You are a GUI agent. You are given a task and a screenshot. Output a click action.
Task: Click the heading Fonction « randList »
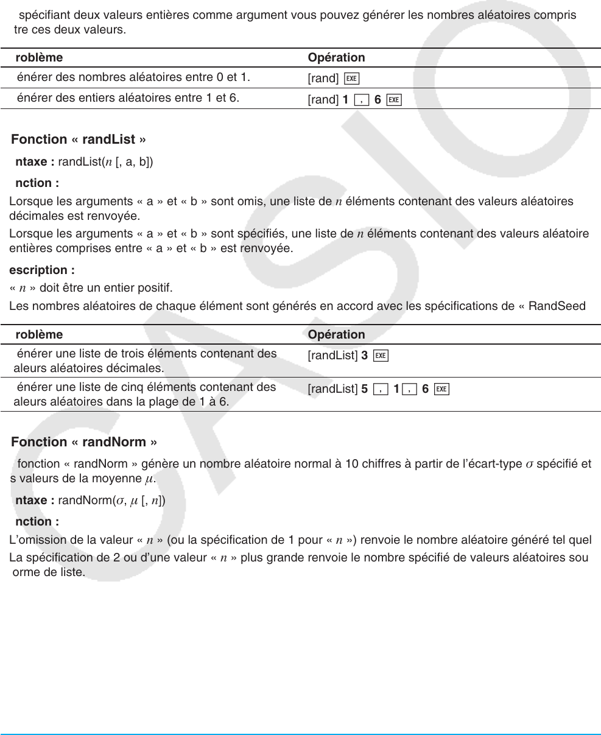coord(79,139)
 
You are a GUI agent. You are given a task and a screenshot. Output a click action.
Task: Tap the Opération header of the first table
coord(336,58)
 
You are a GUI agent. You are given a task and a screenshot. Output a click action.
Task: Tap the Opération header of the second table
coord(336,335)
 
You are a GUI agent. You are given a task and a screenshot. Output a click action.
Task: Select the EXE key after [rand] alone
coord(351,78)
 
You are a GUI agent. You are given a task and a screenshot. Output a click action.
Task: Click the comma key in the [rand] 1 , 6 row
coord(362,100)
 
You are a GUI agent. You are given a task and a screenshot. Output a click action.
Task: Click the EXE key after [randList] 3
coord(381,356)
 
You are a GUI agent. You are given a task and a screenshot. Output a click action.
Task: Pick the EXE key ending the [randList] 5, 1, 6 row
coord(442,389)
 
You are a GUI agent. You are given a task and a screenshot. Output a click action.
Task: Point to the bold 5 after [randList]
coord(364,389)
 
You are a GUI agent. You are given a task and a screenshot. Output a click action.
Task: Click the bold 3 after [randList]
coord(364,356)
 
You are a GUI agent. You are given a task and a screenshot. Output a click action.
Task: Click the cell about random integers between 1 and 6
coord(128,97)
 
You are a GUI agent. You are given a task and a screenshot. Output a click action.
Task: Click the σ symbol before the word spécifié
coord(529,464)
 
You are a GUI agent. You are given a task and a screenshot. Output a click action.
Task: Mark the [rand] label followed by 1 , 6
coord(323,100)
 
